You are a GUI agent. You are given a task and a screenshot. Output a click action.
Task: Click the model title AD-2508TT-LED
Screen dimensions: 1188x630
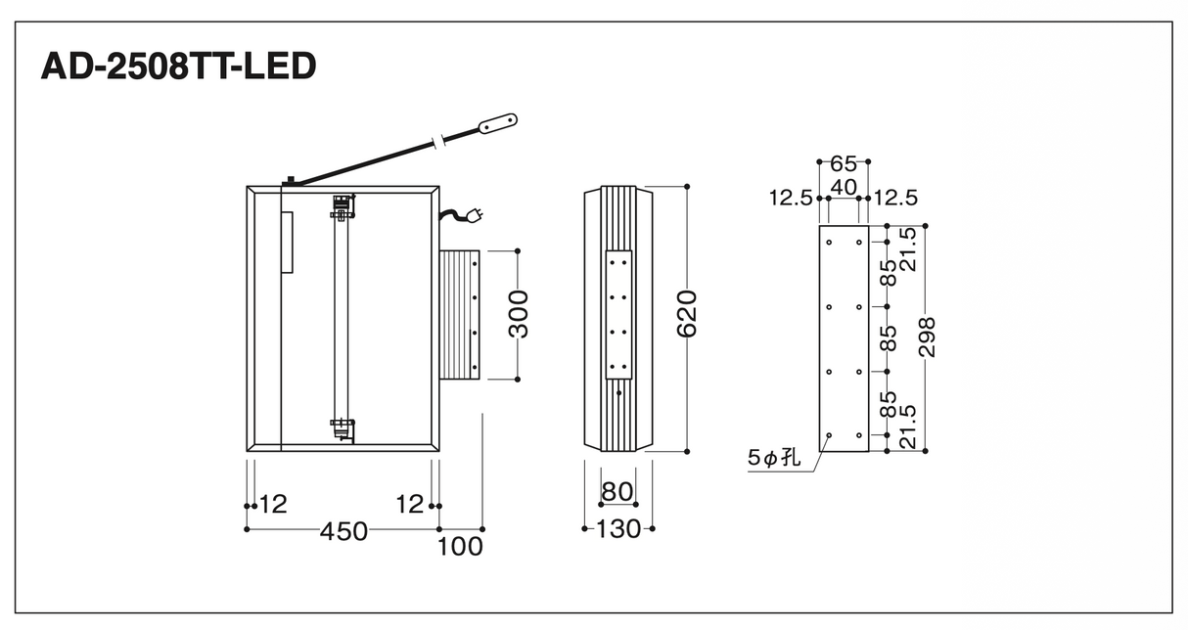pyautogui.click(x=178, y=67)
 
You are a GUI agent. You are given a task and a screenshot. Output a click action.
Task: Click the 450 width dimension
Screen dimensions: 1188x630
pyautogui.click(x=343, y=531)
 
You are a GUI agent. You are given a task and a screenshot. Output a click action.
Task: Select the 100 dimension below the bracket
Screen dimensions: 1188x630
pyautogui.click(x=460, y=547)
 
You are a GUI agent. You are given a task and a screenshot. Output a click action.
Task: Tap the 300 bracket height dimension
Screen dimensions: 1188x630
pyautogui.click(x=518, y=314)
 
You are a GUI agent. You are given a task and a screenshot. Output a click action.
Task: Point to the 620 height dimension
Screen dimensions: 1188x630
pyautogui.click(x=687, y=314)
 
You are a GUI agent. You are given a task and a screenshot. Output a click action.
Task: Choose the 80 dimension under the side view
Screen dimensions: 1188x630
pyautogui.click(x=617, y=492)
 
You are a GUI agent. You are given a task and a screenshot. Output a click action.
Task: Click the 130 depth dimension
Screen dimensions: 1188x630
pyautogui.click(x=618, y=528)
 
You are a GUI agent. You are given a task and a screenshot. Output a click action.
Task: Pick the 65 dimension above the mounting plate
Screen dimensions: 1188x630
pyautogui.click(x=844, y=164)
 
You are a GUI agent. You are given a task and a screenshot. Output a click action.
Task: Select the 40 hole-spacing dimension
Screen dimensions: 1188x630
pyautogui.click(x=844, y=187)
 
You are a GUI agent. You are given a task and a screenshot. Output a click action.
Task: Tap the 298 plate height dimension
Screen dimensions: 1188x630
pyautogui.click(x=927, y=337)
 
